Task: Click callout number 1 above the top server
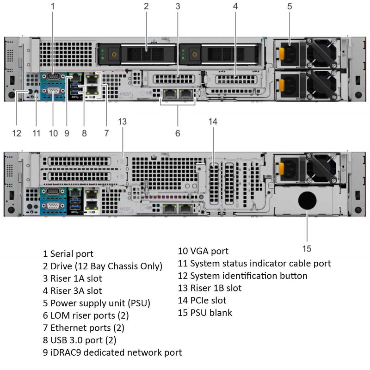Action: [53, 6]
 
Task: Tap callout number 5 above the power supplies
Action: [290, 6]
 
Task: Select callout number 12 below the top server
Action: [17, 134]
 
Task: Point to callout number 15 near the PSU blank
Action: [307, 249]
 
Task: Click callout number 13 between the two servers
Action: [122, 121]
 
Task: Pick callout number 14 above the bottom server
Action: [213, 121]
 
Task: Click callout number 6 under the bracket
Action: [178, 134]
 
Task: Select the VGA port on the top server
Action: [52, 91]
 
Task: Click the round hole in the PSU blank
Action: [308, 201]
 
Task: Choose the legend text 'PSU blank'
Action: [211, 313]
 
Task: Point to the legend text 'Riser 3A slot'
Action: [76, 291]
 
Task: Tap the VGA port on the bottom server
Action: [52, 206]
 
